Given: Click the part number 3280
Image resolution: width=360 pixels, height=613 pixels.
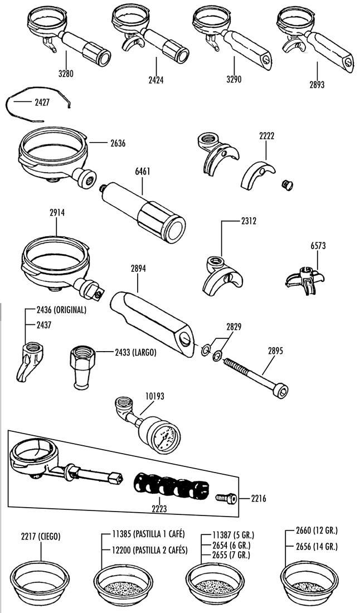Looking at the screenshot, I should coord(65,73).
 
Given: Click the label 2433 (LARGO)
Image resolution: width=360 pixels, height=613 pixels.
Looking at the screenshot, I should coord(135,352).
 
